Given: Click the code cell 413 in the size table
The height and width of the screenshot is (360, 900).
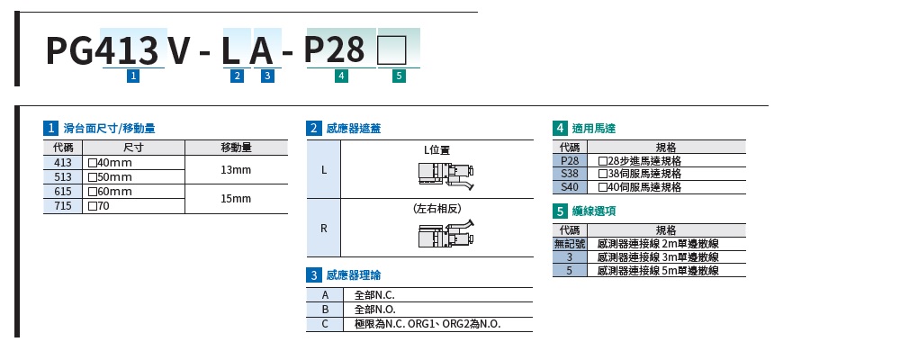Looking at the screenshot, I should [x=63, y=162].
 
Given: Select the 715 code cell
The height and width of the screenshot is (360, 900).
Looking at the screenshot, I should [x=63, y=206].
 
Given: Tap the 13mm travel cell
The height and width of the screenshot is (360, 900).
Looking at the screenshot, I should [x=236, y=169].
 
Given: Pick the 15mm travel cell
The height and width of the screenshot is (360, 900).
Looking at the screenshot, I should [x=236, y=199].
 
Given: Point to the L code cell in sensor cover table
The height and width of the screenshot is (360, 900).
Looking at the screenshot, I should [x=324, y=168].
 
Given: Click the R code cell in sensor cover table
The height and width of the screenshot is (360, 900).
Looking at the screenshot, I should [x=324, y=228].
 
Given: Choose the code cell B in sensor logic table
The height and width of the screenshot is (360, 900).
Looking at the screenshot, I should [x=324, y=310].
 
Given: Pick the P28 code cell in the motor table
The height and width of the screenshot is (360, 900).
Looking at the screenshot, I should [x=569, y=160].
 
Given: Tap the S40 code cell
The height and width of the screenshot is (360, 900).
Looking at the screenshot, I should [x=569, y=187].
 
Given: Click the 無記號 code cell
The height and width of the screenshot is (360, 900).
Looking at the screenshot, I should [x=569, y=243].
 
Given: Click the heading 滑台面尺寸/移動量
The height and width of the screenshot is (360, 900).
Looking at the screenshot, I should [x=110, y=129].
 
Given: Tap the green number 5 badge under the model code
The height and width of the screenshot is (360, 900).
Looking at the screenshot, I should [x=399, y=76].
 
